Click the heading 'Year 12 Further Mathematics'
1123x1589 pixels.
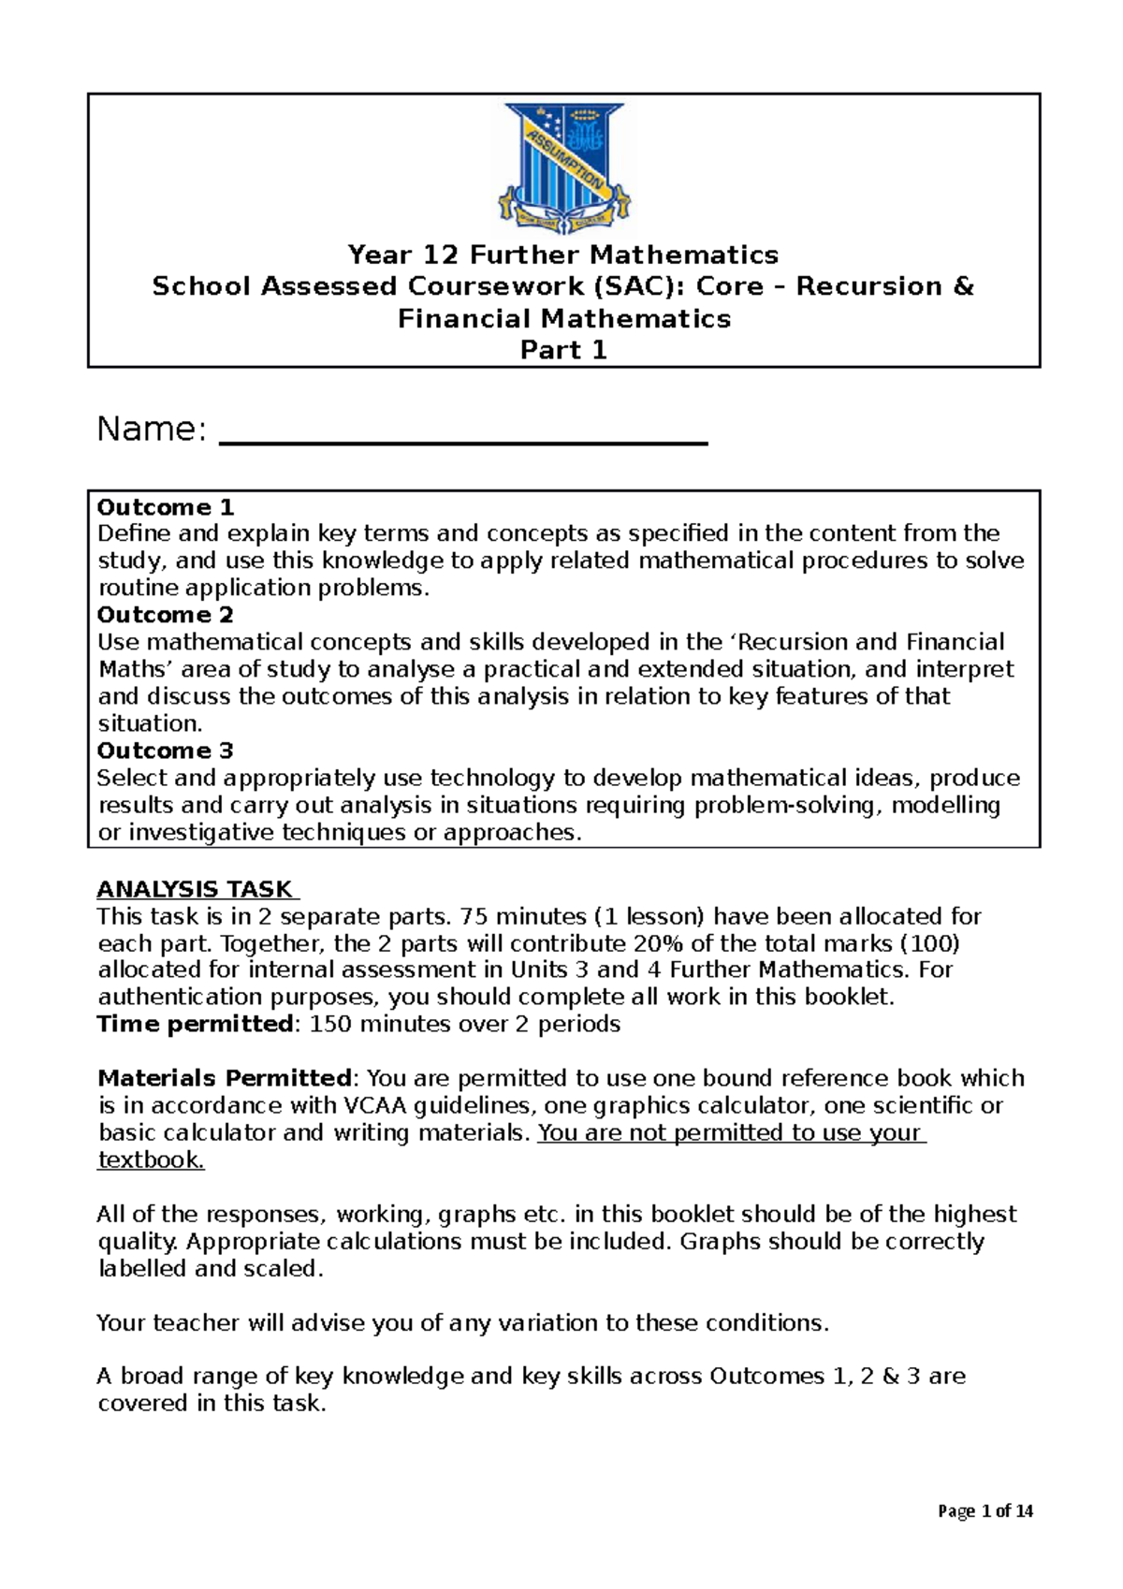pyautogui.click(x=562, y=255)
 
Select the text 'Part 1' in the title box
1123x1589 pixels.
pyautogui.click(x=563, y=350)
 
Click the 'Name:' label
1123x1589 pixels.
pyautogui.click(x=151, y=430)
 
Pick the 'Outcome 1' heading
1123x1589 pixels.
pyautogui.click(x=166, y=507)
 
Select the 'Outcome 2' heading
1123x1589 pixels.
pyautogui.click(x=166, y=615)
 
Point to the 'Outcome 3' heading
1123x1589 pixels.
pyautogui.click(x=166, y=751)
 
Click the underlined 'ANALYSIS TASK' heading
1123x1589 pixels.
pyautogui.click(x=195, y=889)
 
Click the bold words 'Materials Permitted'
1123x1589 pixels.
pyautogui.click(x=224, y=1078)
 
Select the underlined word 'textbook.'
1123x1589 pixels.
pyautogui.click(x=150, y=1160)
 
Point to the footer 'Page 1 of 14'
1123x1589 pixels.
pyautogui.click(x=983, y=1511)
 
